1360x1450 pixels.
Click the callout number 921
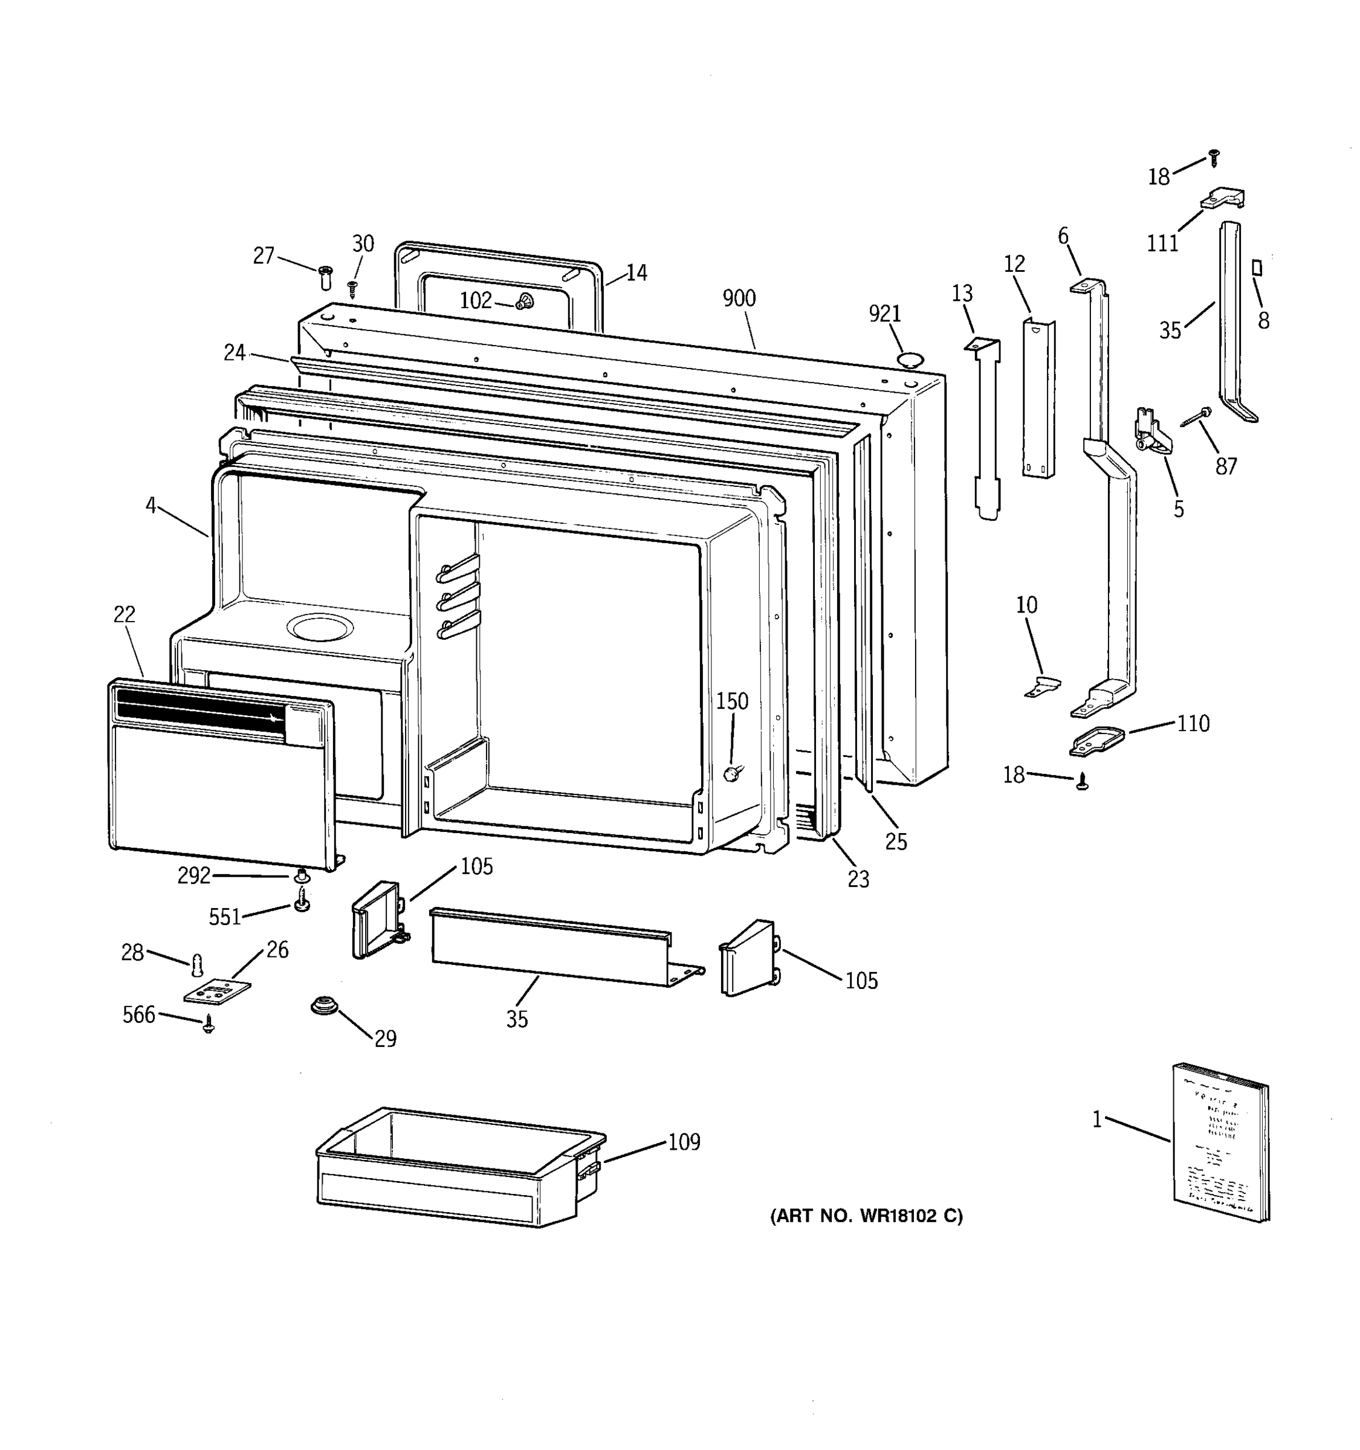coord(884,314)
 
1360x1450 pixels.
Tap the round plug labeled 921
coord(910,358)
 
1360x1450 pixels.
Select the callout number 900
coord(739,298)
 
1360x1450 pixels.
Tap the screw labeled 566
coord(209,1025)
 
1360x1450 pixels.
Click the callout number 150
coord(732,701)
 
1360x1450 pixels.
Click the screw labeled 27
coord(325,277)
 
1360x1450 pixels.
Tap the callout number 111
coord(1162,243)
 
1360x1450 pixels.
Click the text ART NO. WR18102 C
coord(866,1216)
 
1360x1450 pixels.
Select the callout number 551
coord(225,918)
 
